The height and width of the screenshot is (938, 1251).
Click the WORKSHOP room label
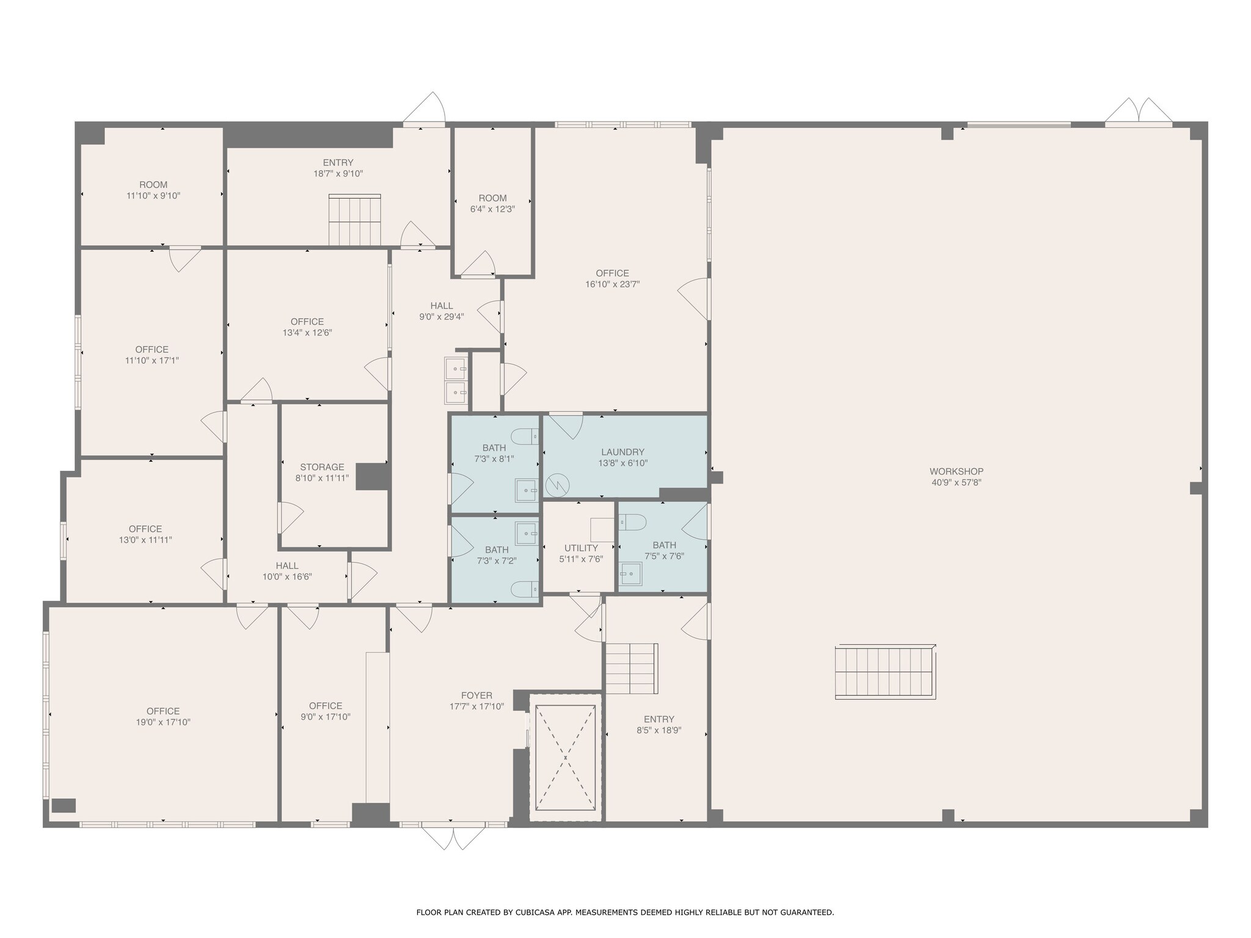click(956, 471)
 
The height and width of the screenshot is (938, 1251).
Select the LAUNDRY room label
click(622, 452)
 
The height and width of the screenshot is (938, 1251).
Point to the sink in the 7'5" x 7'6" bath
click(630, 573)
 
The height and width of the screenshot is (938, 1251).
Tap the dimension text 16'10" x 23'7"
click(612, 284)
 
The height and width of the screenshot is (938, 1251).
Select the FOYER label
click(476, 696)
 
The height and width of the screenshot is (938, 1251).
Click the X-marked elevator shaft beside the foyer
click(565, 757)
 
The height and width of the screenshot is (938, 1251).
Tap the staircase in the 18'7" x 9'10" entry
click(354, 220)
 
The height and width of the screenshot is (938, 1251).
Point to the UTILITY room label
click(581, 548)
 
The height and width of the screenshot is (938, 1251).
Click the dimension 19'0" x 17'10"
click(163, 722)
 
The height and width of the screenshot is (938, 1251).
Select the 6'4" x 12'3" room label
click(492, 198)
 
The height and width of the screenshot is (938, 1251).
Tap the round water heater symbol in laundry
click(557, 486)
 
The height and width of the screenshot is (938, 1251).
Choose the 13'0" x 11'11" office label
click(145, 529)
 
